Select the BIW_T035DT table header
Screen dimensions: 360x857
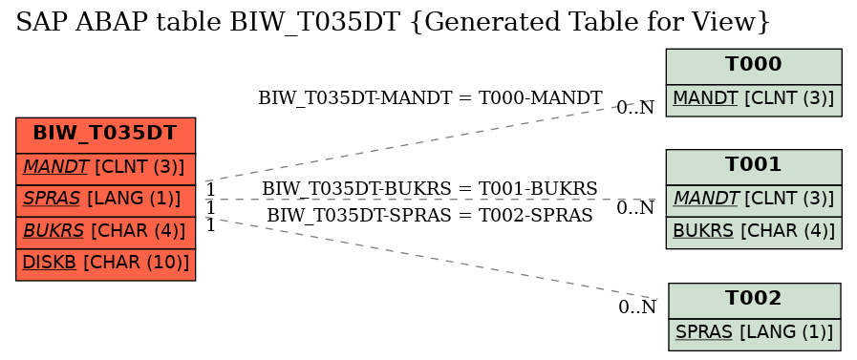tap(105, 134)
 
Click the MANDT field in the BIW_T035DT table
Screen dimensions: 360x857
tap(105, 167)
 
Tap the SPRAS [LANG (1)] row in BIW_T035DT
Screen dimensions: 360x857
tap(105, 200)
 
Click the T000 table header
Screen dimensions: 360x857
tap(753, 65)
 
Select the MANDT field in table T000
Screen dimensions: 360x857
tap(753, 98)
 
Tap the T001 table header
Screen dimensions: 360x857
tap(753, 165)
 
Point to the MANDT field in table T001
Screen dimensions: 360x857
tap(753, 199)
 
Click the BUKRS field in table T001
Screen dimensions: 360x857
tap(753, 231)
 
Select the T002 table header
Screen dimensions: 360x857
tap(754, 299)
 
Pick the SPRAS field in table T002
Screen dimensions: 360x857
tap(754, 332)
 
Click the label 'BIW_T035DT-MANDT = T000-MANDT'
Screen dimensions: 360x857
tap(430, 97)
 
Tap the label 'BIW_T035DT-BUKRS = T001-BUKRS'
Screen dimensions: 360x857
tap(430, 188)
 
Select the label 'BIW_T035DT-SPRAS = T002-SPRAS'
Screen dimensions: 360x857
tap(430, 215)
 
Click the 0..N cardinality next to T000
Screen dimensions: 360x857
tap(635, 108)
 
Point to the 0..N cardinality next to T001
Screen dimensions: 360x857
tap(635, 208)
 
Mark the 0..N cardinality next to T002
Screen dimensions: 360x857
tap(637, 307)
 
